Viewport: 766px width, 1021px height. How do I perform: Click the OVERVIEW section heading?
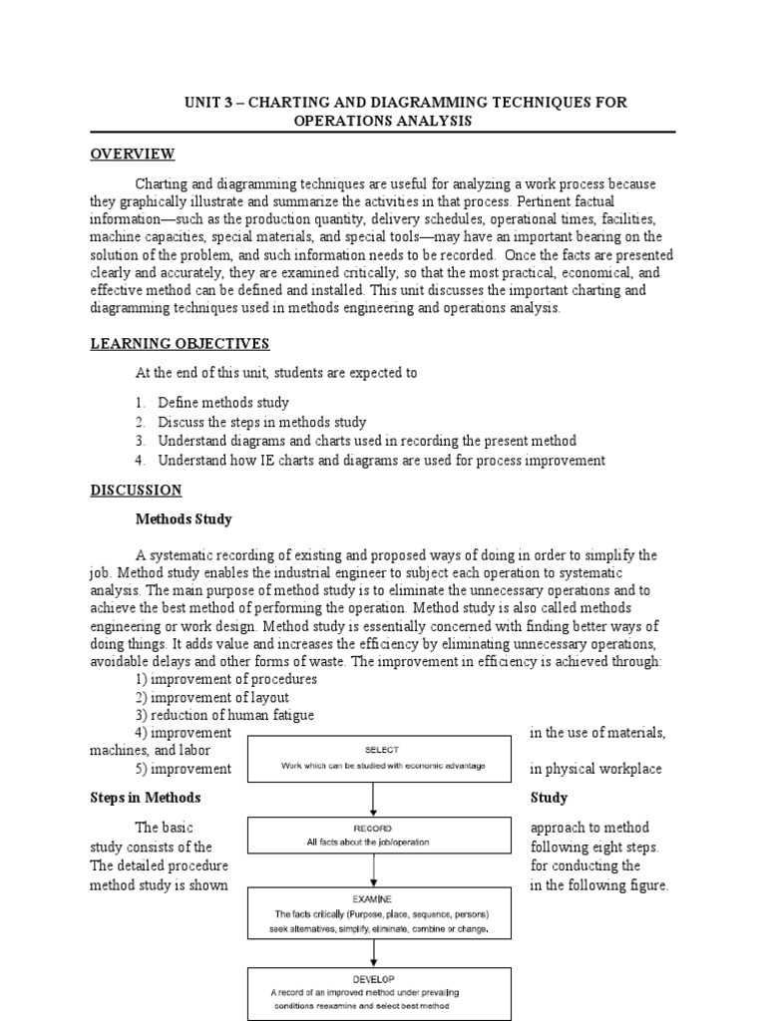point(133,154)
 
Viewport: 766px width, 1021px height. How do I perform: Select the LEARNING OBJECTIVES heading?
point(180,344)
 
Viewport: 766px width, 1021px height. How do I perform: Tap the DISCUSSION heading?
point(137,490)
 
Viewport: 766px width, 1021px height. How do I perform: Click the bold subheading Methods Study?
point(184,518)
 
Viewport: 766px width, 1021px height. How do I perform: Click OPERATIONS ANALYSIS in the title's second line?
point(382,121)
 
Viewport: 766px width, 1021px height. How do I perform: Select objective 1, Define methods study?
point(223,403)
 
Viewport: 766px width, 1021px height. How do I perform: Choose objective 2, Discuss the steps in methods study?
point(261,422)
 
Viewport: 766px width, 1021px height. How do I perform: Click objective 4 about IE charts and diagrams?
point(381,460)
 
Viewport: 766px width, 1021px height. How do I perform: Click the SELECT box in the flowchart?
point(373,758)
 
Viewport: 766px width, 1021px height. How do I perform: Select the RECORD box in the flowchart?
point(373,836)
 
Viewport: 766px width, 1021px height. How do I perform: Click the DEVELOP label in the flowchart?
point(372,979)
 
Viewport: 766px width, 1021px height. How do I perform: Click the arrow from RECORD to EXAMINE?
point(373,870)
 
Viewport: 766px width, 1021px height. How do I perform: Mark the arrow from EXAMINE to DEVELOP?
point(373,951)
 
